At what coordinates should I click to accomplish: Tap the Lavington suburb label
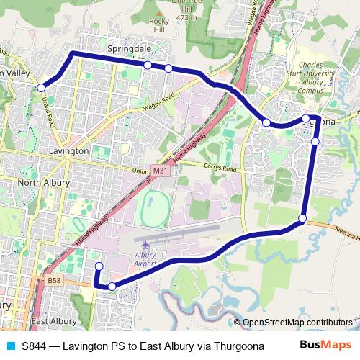[x=68, y=152]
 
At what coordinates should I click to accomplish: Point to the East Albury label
[x=55, y=321]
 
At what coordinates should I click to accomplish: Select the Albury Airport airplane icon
[x=146, y=247]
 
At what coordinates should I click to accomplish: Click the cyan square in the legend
[x=10, y=346]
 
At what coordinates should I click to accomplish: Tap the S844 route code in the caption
[x=34, y=346]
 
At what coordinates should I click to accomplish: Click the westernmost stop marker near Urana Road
[x=40, y=88]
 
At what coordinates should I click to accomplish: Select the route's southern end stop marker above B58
[x=99, y=267]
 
